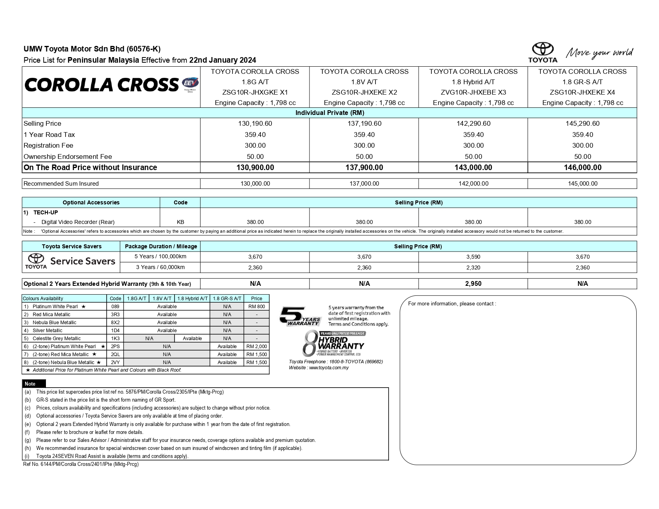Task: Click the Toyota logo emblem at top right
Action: point(543,50)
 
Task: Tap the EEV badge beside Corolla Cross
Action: point(190,83)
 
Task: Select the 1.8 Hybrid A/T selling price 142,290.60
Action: point(473,124)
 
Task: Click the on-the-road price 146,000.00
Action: point(582,168)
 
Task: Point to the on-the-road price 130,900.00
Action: point(255,168)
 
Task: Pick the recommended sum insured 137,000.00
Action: point(364,184)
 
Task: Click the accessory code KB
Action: point(181,222)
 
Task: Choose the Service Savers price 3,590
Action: point(473,257)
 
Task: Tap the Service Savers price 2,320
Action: point(473,267)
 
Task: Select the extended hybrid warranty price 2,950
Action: point(473,284)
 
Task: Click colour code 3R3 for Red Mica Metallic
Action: point(115,315)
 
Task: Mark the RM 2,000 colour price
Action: point(256,347)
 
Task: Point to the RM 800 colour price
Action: point(256,307)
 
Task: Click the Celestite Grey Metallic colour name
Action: point(56,339)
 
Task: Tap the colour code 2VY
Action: point(115,362)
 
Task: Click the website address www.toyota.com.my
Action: point(328,368)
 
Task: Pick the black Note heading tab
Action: point(30,384)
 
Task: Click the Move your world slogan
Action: point(599,53)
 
